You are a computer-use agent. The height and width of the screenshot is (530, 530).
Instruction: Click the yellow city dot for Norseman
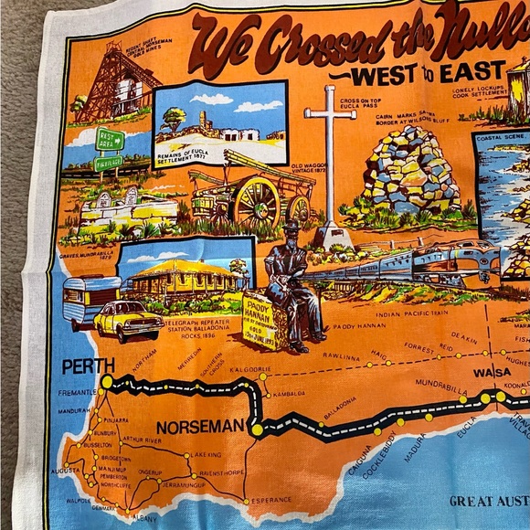(x=257, y=429)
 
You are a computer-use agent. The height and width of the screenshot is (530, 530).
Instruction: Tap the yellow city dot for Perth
(x=107, y=382)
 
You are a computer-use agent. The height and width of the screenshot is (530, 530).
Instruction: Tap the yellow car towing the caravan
(x=128, y=320)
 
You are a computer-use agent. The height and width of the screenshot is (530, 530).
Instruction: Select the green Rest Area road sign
(x=110, y=138)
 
